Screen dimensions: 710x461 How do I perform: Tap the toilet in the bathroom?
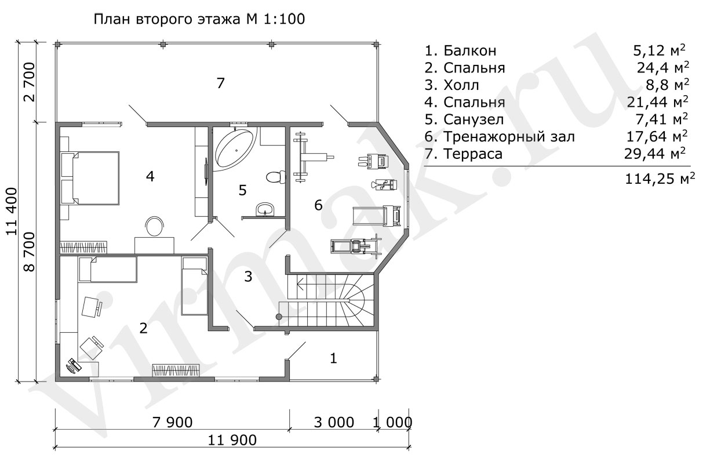tap(275, 177)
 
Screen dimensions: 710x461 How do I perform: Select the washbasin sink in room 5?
tap(265, 209)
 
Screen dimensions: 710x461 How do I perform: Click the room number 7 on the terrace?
tap(221, 83)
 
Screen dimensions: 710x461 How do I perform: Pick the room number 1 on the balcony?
tap(333, 358)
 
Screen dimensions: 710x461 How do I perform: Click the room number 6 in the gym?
tap(318, 205)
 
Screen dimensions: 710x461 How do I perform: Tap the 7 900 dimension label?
tap(172, 422)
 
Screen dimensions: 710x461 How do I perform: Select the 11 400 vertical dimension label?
tap(12, 211)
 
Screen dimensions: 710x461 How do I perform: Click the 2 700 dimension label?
tap(30, 82)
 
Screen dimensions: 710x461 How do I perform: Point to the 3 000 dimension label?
tap(333, 422)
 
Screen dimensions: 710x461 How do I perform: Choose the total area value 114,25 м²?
tap(660, 179)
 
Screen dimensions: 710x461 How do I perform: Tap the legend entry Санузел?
tap(474, 119)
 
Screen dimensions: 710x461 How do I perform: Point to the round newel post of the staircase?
tap(279, 317)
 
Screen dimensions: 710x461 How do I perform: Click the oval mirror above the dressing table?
tap(154, 226)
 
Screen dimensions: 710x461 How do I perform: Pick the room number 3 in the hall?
tap(248, 277)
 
